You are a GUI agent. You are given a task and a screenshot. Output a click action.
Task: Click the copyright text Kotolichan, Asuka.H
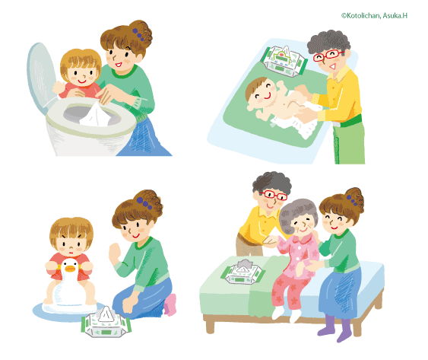point(374,15)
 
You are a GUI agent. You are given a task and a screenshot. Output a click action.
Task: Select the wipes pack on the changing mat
point(284,61)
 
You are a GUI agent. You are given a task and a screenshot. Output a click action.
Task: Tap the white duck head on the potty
point(69,268)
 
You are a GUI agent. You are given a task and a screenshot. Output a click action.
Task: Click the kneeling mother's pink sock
point(170,304)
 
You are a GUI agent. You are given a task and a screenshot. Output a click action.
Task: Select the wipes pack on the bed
point(243,272)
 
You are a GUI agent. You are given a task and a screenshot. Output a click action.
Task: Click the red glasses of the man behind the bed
point(274,195)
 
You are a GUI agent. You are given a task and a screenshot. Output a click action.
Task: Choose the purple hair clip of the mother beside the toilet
point(138,34)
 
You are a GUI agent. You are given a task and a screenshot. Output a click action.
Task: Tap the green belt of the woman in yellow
point(349,120)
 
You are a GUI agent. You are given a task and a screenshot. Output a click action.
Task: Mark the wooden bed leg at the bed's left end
point(210,326)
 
